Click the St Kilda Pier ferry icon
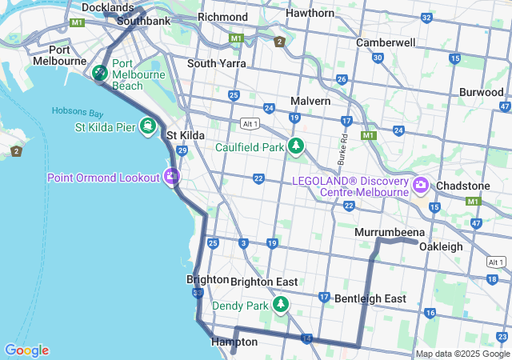pos(148,126)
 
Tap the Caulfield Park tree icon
pos(297,146)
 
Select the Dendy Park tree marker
pos(281,305)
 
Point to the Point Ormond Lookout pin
pos(172,177)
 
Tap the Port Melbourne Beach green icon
pos(100,73)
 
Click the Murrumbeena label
pos(388,232)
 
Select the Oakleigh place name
pos(441,246)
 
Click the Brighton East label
pos(264,282)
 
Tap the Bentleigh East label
pos(370,298)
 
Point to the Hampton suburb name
pos(234,342)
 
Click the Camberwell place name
pos(386,42)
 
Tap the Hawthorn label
pos(310,13)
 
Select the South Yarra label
pos(216,63)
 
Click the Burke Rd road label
pos(342,150)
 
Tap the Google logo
pos(26,350)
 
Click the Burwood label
pos(481,92)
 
